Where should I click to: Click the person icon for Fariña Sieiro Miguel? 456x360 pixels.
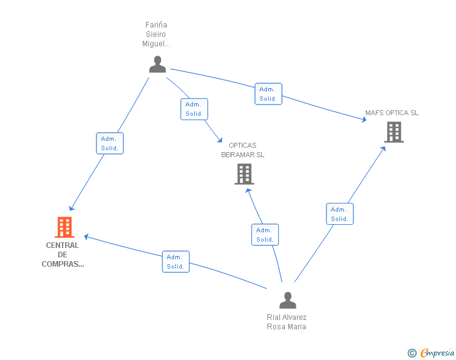157,64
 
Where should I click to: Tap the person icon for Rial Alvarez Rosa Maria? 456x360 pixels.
288,301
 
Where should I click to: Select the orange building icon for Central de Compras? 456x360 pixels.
65,227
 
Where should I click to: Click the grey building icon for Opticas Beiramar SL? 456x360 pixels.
244,174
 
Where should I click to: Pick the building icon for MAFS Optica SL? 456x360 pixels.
393,132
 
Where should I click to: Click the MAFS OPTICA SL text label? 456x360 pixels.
391,113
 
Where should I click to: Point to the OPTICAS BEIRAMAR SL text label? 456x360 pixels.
242,150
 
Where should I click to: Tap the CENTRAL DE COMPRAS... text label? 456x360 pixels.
63,255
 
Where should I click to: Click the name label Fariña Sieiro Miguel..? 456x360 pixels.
156,34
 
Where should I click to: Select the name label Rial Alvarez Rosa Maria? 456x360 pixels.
286,322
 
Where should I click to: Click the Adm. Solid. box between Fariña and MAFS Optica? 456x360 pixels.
268,94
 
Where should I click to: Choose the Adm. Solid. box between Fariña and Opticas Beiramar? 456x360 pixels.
194,109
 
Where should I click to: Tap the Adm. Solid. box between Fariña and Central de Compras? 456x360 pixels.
110,143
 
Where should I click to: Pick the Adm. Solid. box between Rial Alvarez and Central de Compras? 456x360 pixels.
175,262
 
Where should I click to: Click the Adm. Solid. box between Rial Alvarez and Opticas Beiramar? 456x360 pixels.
265,235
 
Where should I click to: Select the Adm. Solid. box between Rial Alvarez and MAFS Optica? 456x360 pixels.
339,214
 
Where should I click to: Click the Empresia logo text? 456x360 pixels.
437,353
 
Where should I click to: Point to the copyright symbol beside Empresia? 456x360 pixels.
412,353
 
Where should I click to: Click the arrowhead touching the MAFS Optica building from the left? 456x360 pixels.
364,119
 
